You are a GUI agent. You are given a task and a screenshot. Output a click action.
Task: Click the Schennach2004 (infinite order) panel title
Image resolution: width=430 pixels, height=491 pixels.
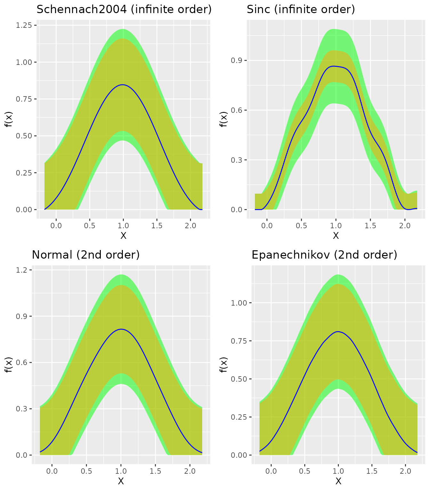124,10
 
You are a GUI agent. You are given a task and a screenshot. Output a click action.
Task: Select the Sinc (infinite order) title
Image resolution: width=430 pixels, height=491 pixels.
301,10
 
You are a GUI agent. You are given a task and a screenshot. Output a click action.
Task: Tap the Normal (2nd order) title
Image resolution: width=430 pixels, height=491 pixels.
86,255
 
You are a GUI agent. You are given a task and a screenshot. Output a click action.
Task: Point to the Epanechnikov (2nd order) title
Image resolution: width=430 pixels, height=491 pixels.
324,255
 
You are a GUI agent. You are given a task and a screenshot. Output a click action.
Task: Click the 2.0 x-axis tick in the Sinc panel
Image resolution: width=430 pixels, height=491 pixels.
405,226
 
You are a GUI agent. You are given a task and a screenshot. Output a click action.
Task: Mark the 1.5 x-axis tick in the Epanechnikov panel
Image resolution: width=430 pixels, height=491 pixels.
372,471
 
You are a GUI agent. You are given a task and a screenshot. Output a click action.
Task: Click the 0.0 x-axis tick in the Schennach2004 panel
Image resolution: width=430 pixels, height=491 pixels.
56,226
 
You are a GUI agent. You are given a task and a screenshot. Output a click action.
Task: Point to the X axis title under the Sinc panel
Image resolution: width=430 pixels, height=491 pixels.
336,236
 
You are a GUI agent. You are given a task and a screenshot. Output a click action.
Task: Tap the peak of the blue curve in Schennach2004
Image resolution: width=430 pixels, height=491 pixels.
123,85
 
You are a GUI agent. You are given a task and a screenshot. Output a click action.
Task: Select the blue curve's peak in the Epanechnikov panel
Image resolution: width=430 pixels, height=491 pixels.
338,331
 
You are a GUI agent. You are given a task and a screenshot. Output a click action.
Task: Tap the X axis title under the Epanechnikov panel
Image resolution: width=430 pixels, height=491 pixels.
338,481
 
